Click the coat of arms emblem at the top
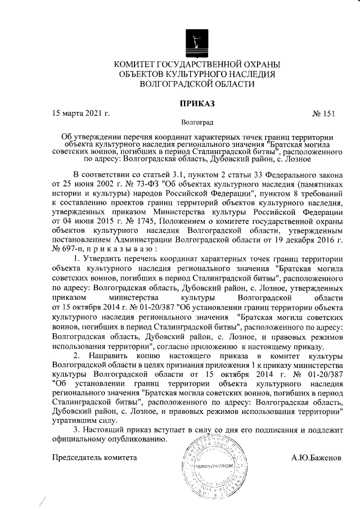(194, 42)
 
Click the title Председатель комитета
(94, 457)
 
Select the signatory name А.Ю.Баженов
(317, 457)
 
